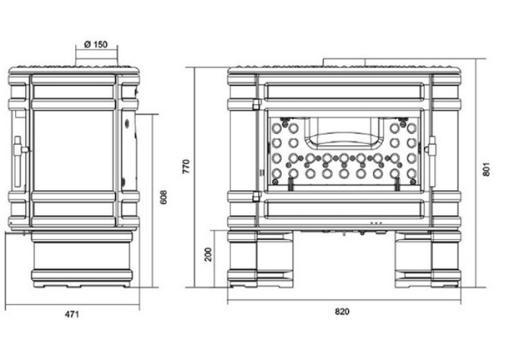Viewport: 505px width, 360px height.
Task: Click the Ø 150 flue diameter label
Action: coord(96,44)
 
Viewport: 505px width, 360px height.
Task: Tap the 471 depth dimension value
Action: coord(72,314)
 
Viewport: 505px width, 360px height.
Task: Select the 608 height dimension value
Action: coord(164,197)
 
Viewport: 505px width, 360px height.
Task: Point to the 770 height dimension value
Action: coord(186,166)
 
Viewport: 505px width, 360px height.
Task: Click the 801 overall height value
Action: coord(487,169)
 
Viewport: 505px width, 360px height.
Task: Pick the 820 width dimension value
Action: coord(342,312)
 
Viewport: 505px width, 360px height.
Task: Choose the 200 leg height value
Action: coord(209,254)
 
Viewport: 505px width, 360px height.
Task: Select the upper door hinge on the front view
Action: coord(257,104)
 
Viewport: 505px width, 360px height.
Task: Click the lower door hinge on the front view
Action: coord(257,196)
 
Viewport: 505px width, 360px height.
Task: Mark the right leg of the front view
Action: coord(428,258)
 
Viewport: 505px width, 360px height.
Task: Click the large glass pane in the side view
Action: coord(73,151)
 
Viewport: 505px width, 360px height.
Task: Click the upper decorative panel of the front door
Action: coord(344,91)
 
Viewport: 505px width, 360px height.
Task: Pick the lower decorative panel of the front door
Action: coord(344,208)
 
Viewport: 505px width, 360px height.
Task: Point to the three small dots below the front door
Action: coord(376,223)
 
